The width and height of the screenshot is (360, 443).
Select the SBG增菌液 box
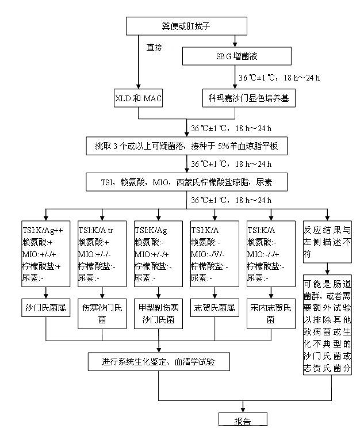[236, 56]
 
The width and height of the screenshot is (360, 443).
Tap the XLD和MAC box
[138, 98]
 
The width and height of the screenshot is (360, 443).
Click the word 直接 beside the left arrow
[154, 48]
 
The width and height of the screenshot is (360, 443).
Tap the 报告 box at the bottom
[242, 419]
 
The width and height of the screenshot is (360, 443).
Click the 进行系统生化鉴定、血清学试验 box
[158, 362]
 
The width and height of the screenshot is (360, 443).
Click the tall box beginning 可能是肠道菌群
[327, 326]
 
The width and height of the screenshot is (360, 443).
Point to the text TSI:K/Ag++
[42, 228]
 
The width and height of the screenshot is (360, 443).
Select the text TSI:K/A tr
[97, 228]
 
